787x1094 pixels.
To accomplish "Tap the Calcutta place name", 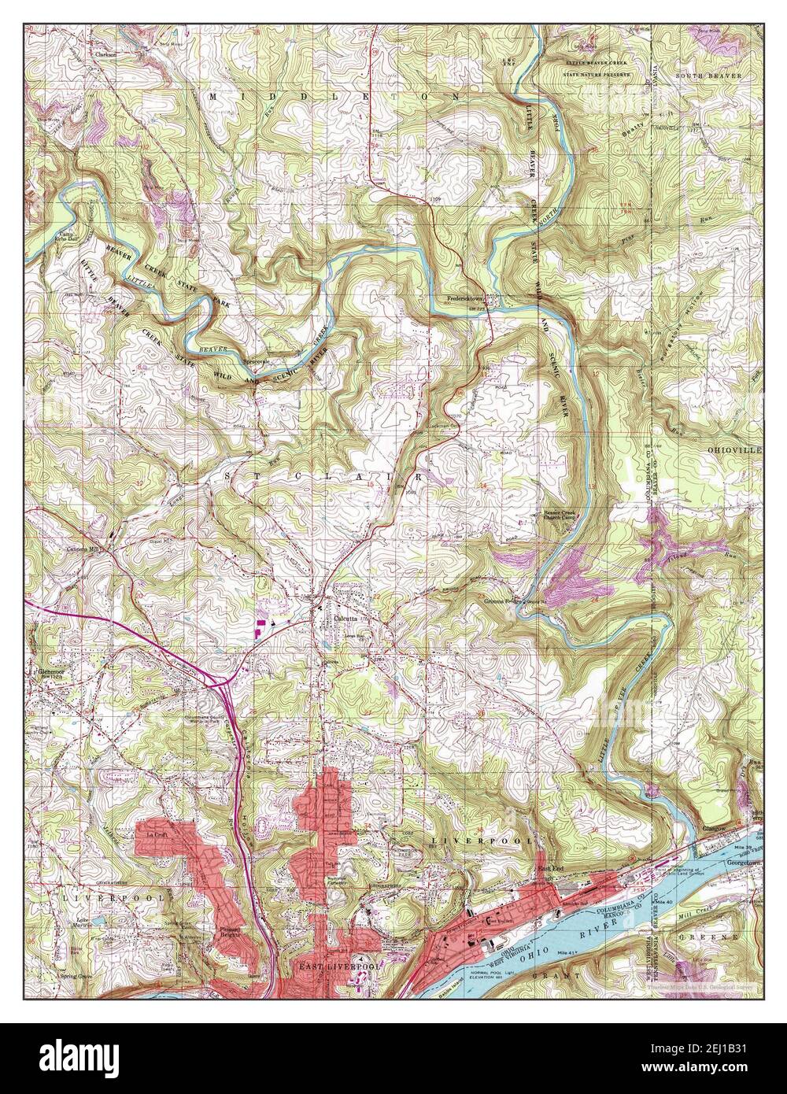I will [347, 618].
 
